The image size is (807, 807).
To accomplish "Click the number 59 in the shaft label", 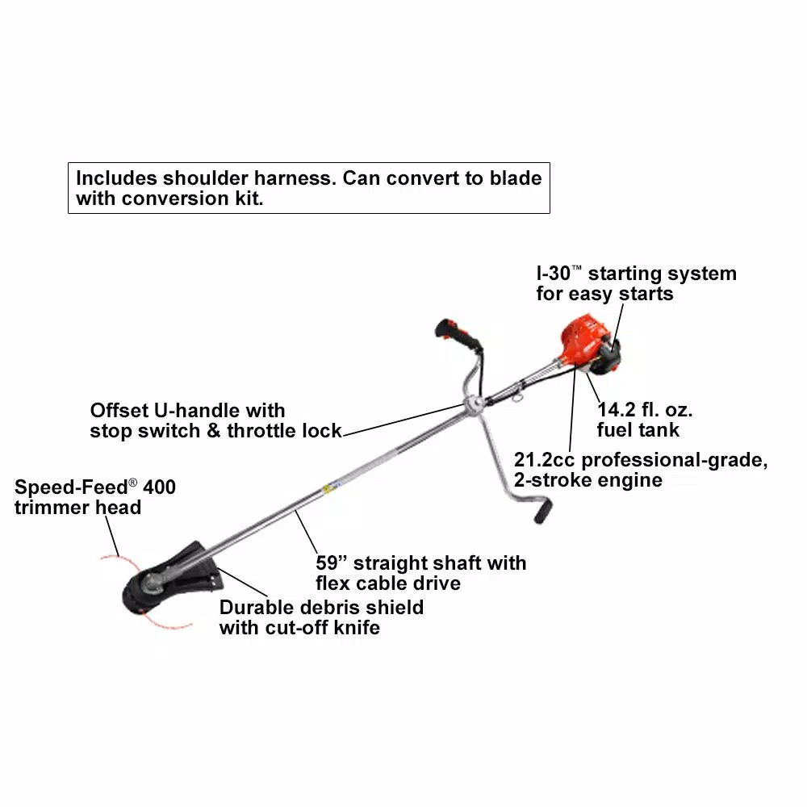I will point(327,562).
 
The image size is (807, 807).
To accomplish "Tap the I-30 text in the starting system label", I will point(554,274).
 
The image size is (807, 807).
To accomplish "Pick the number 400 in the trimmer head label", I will point(159,487).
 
